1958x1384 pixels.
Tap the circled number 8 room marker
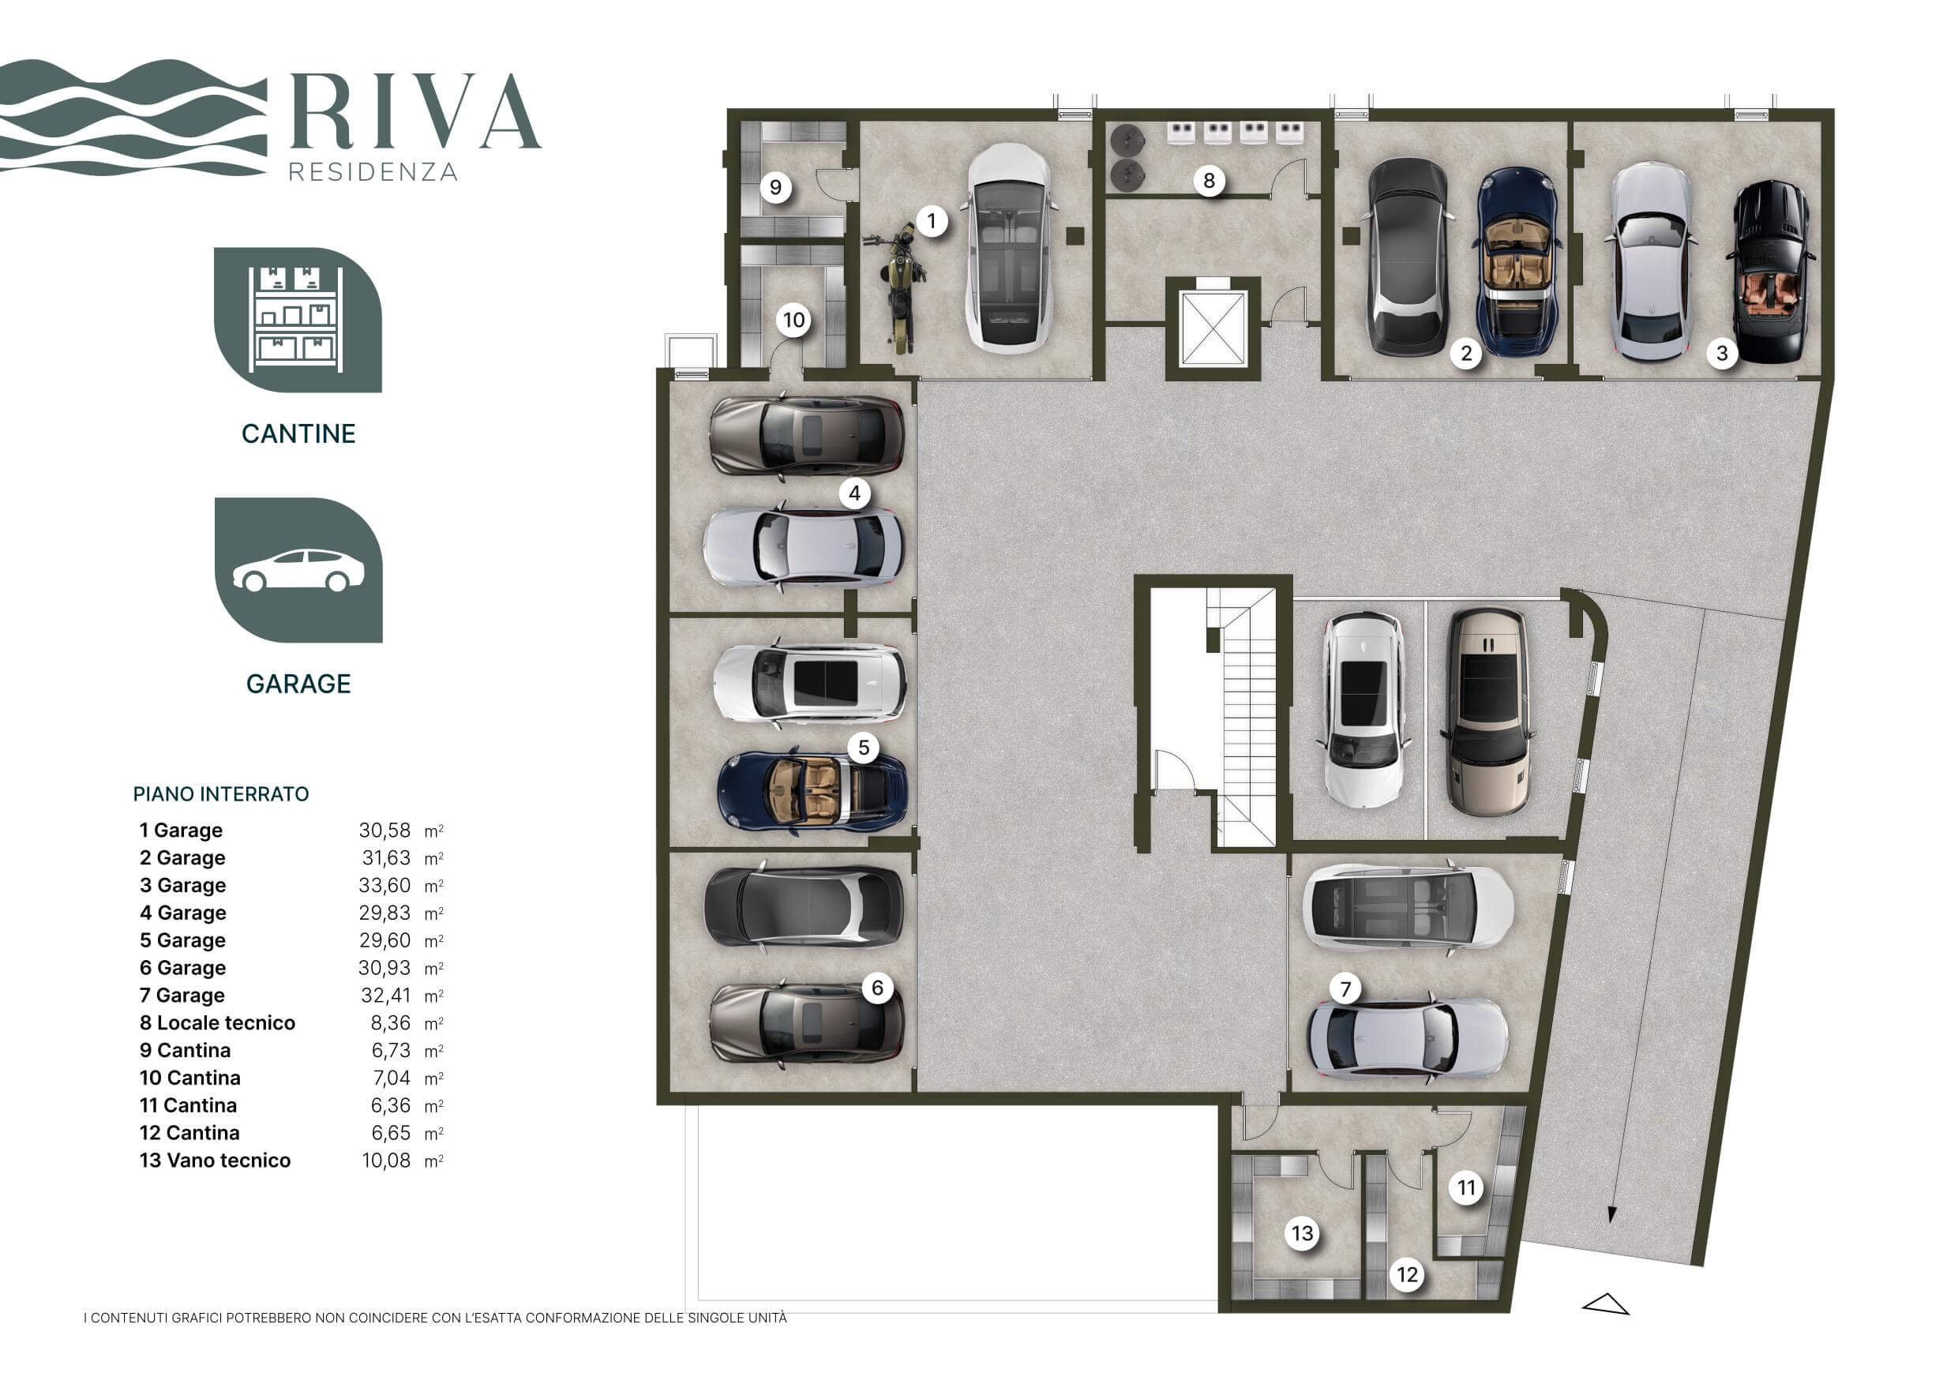click(x=1209, y=181)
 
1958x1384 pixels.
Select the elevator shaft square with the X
click(x=1212, y=329)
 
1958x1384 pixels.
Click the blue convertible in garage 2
click(x=1517, y=261)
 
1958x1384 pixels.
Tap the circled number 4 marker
click(x=854, y=493)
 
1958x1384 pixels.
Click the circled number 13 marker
click(x=1302, y=1233)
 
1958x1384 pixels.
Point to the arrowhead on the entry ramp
click(x=1611, y=1214)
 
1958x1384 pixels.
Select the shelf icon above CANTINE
click(x=298, y=320)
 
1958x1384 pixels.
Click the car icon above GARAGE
click(x=298, y=570)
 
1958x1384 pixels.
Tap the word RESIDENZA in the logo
click(x=373, y=172)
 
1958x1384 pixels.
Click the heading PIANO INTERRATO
click(x=221, y=794)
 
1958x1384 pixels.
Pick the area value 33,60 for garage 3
click(x=384, y=885)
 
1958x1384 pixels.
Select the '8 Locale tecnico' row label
click(x=217, y=1022)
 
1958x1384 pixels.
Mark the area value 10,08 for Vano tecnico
click(x=386, y=1161)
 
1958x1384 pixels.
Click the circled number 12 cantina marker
click(x=1407, y=1275)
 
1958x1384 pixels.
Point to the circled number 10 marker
click(x=794, y=320)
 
